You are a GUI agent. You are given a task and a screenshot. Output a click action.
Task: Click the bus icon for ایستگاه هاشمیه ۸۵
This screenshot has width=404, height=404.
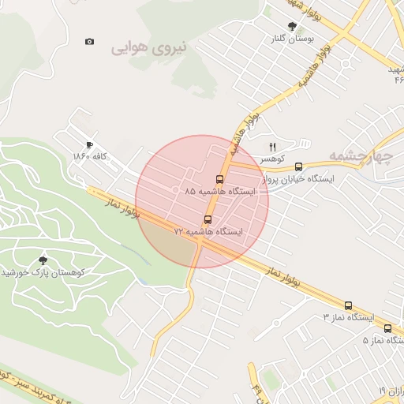(219, 179)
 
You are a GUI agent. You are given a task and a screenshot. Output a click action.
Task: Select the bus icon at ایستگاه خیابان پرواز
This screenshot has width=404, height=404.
(298, 166)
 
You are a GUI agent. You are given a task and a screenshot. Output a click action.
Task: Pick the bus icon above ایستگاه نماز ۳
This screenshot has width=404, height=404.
(348, 305)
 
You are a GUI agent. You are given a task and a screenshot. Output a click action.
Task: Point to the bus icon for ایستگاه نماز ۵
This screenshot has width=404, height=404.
(387, 328)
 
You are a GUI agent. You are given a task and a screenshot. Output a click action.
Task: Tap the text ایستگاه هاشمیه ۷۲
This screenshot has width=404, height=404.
(209, 232)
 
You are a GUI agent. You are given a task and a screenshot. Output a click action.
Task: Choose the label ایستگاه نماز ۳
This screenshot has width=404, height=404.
(347, 317)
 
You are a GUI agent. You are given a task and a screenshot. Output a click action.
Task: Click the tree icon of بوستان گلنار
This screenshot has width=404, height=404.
(293, 26)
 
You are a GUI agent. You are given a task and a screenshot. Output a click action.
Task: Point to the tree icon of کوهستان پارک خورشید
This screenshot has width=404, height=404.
(43, 260)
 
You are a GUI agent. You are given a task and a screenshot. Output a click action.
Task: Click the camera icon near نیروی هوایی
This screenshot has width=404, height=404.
(89, 41)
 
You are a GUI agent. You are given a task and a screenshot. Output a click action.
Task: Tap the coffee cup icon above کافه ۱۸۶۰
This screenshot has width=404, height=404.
(89, 145)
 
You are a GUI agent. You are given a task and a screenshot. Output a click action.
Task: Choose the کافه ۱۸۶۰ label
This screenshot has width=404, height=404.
(89, 157)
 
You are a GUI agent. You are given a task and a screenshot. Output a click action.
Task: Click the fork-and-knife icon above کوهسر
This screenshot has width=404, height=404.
(273, 146)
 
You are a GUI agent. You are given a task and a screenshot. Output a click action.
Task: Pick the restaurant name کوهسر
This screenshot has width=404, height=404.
(274, 158)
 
